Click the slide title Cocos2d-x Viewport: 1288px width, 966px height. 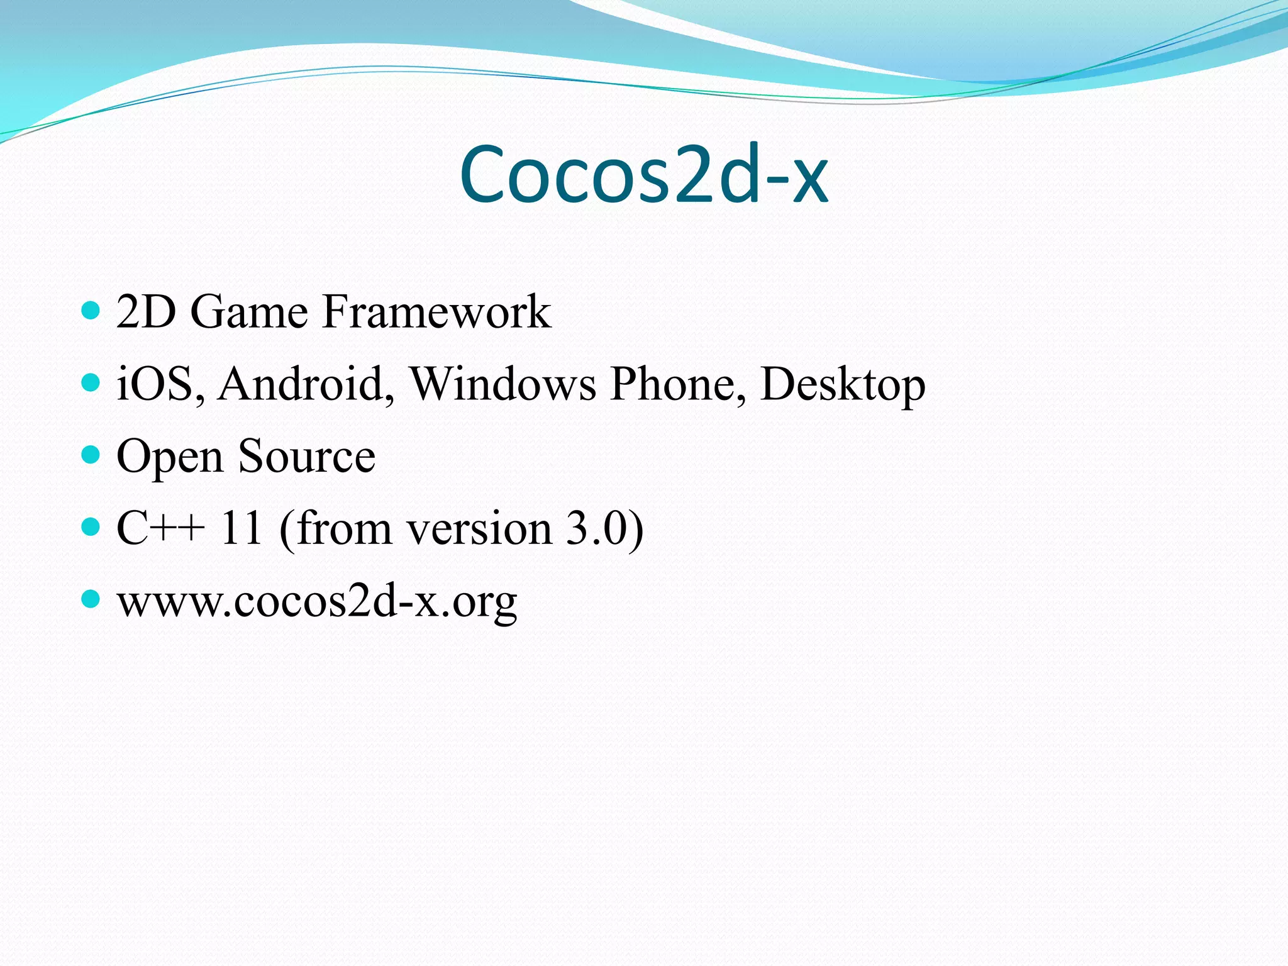click(x=644, y=175)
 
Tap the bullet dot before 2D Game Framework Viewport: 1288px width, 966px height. click(x=91, y=310)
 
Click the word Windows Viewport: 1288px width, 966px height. click(x=503, y=384)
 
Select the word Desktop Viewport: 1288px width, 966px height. click(x=843, y=385)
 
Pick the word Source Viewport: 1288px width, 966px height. click(x=307, y=457)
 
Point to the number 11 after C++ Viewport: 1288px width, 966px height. click(x=240, y=528)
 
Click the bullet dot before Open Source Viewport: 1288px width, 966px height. click(x=91, y=454)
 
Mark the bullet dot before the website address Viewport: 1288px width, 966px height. click(x=91, y=599)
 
